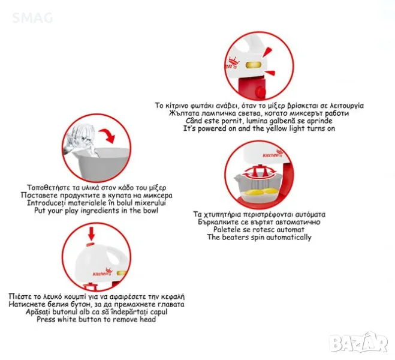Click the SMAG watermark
tap(32, 18)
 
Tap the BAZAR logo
tap(358, 343)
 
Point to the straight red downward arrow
tap(92, 233)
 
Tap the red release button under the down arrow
tap(90, 244)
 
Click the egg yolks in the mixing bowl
tap(260, 193)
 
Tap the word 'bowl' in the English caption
tap(149, 210)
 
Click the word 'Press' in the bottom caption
tap(46, 319)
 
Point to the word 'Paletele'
tap(225, 230)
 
